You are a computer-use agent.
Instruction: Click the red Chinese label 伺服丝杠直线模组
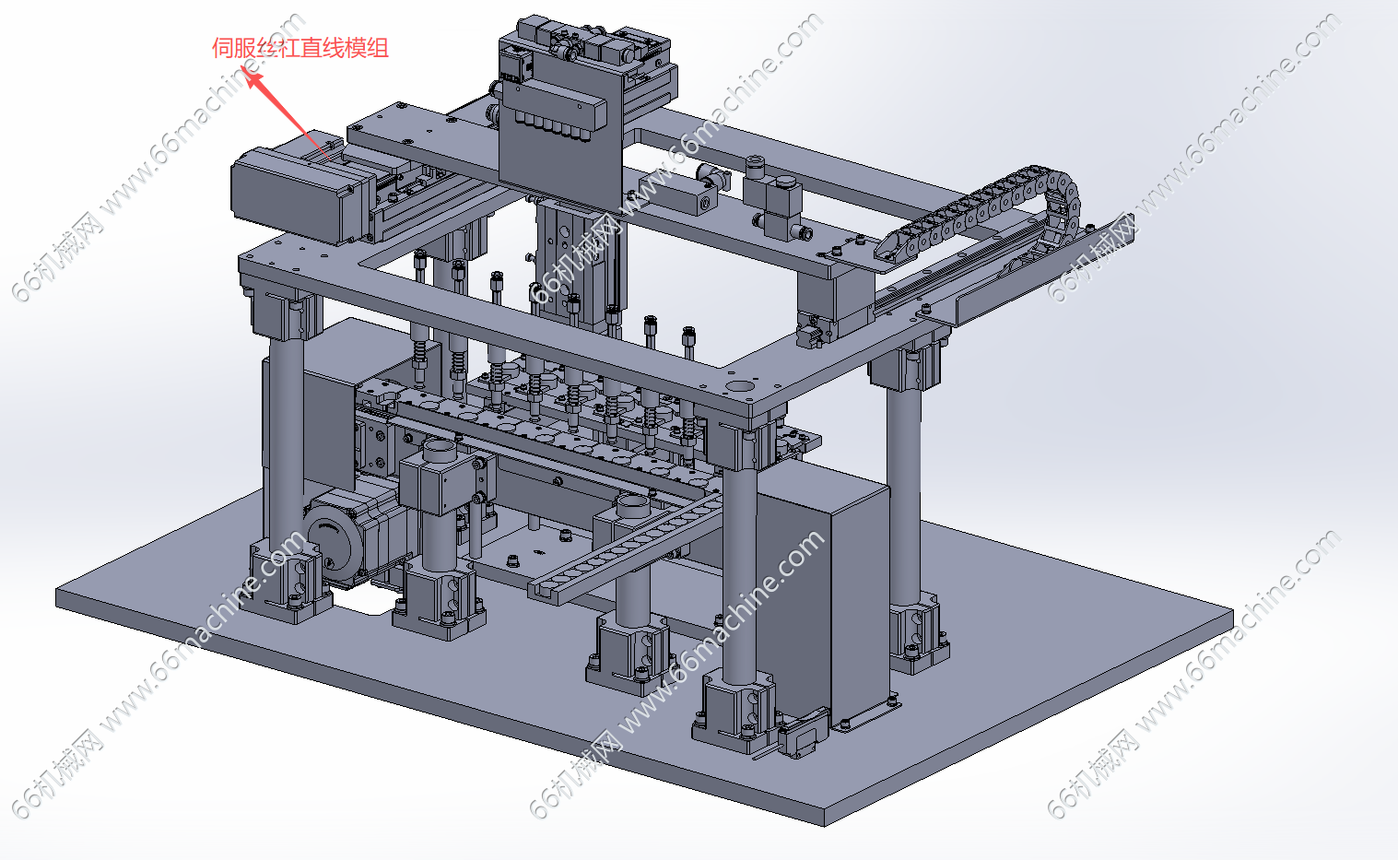coord(300,48)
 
